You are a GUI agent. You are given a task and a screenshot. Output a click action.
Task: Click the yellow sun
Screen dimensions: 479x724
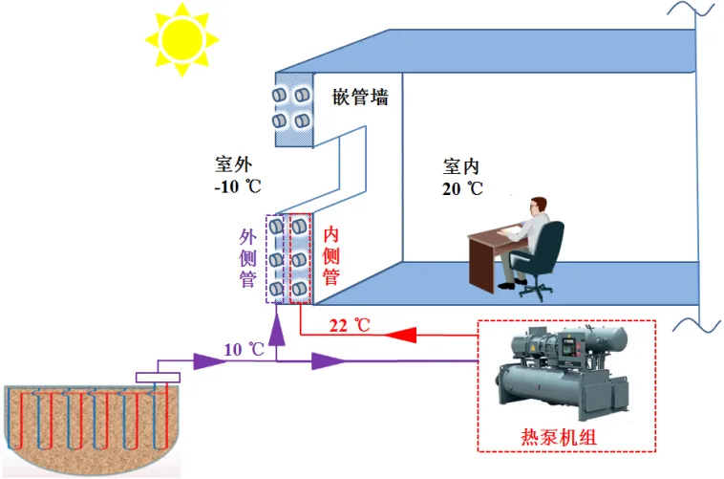point(181,38)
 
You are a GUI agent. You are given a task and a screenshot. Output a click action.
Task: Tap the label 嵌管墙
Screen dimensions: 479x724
point(360,98)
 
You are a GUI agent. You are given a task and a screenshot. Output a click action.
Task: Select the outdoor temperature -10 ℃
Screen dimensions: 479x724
point(236,185)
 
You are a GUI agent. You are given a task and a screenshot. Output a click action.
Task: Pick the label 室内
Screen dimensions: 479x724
point(461,165)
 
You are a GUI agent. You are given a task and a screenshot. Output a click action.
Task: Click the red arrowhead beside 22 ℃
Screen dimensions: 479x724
point(400,334)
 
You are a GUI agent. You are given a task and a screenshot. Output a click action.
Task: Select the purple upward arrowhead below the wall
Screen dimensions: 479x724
point(277,331)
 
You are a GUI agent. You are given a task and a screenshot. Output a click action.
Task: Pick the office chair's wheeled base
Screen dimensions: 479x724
point(537,288)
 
